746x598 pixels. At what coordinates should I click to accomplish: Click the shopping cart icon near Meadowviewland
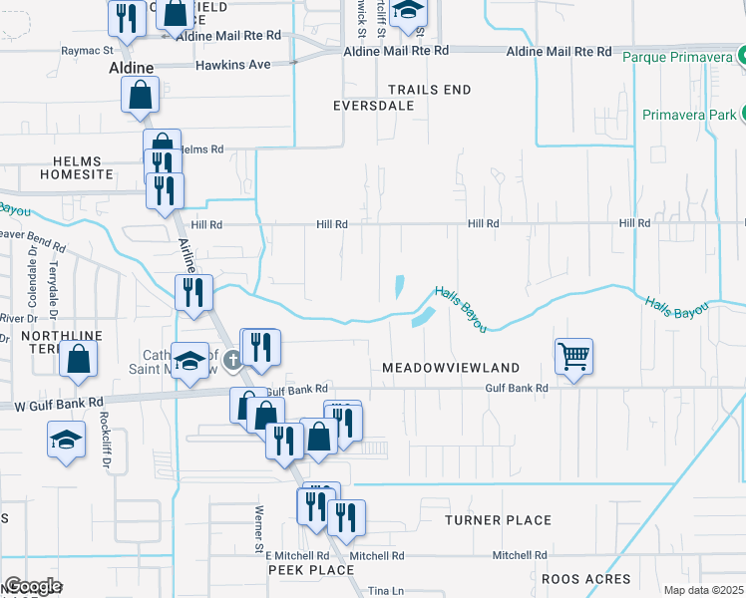pyautogui.click(x=573, y=355)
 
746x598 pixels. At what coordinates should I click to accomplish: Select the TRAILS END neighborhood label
pyautogui.click(x=429, y=90)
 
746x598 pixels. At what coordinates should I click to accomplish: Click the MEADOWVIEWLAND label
pyautogui.click(x=451, y=368)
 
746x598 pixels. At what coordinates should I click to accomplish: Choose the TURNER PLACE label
pyautogui.click(x=498, y=520)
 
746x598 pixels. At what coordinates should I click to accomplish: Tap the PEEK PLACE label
pyautogui.click(x=311, y=570)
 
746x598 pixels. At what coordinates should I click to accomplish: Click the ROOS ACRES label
pyautogui.click(x=585, y=579)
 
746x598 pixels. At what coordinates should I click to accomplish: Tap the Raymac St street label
pyautogui.click(x=88, y=50)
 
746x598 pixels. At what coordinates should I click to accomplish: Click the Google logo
pyautogui.click(x=33, y=586)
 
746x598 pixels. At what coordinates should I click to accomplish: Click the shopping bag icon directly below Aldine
pyautogui.click(x=140, y=97)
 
